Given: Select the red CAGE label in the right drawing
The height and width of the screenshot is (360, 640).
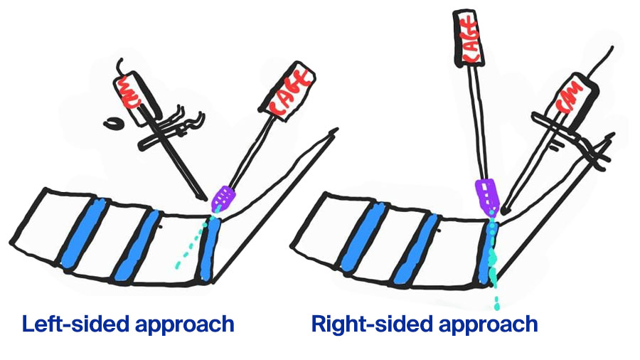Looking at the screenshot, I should point(469,36).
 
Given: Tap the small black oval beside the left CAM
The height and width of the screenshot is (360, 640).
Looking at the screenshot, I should point(112,124).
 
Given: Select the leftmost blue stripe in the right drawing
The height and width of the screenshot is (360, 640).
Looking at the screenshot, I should point(356,235).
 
